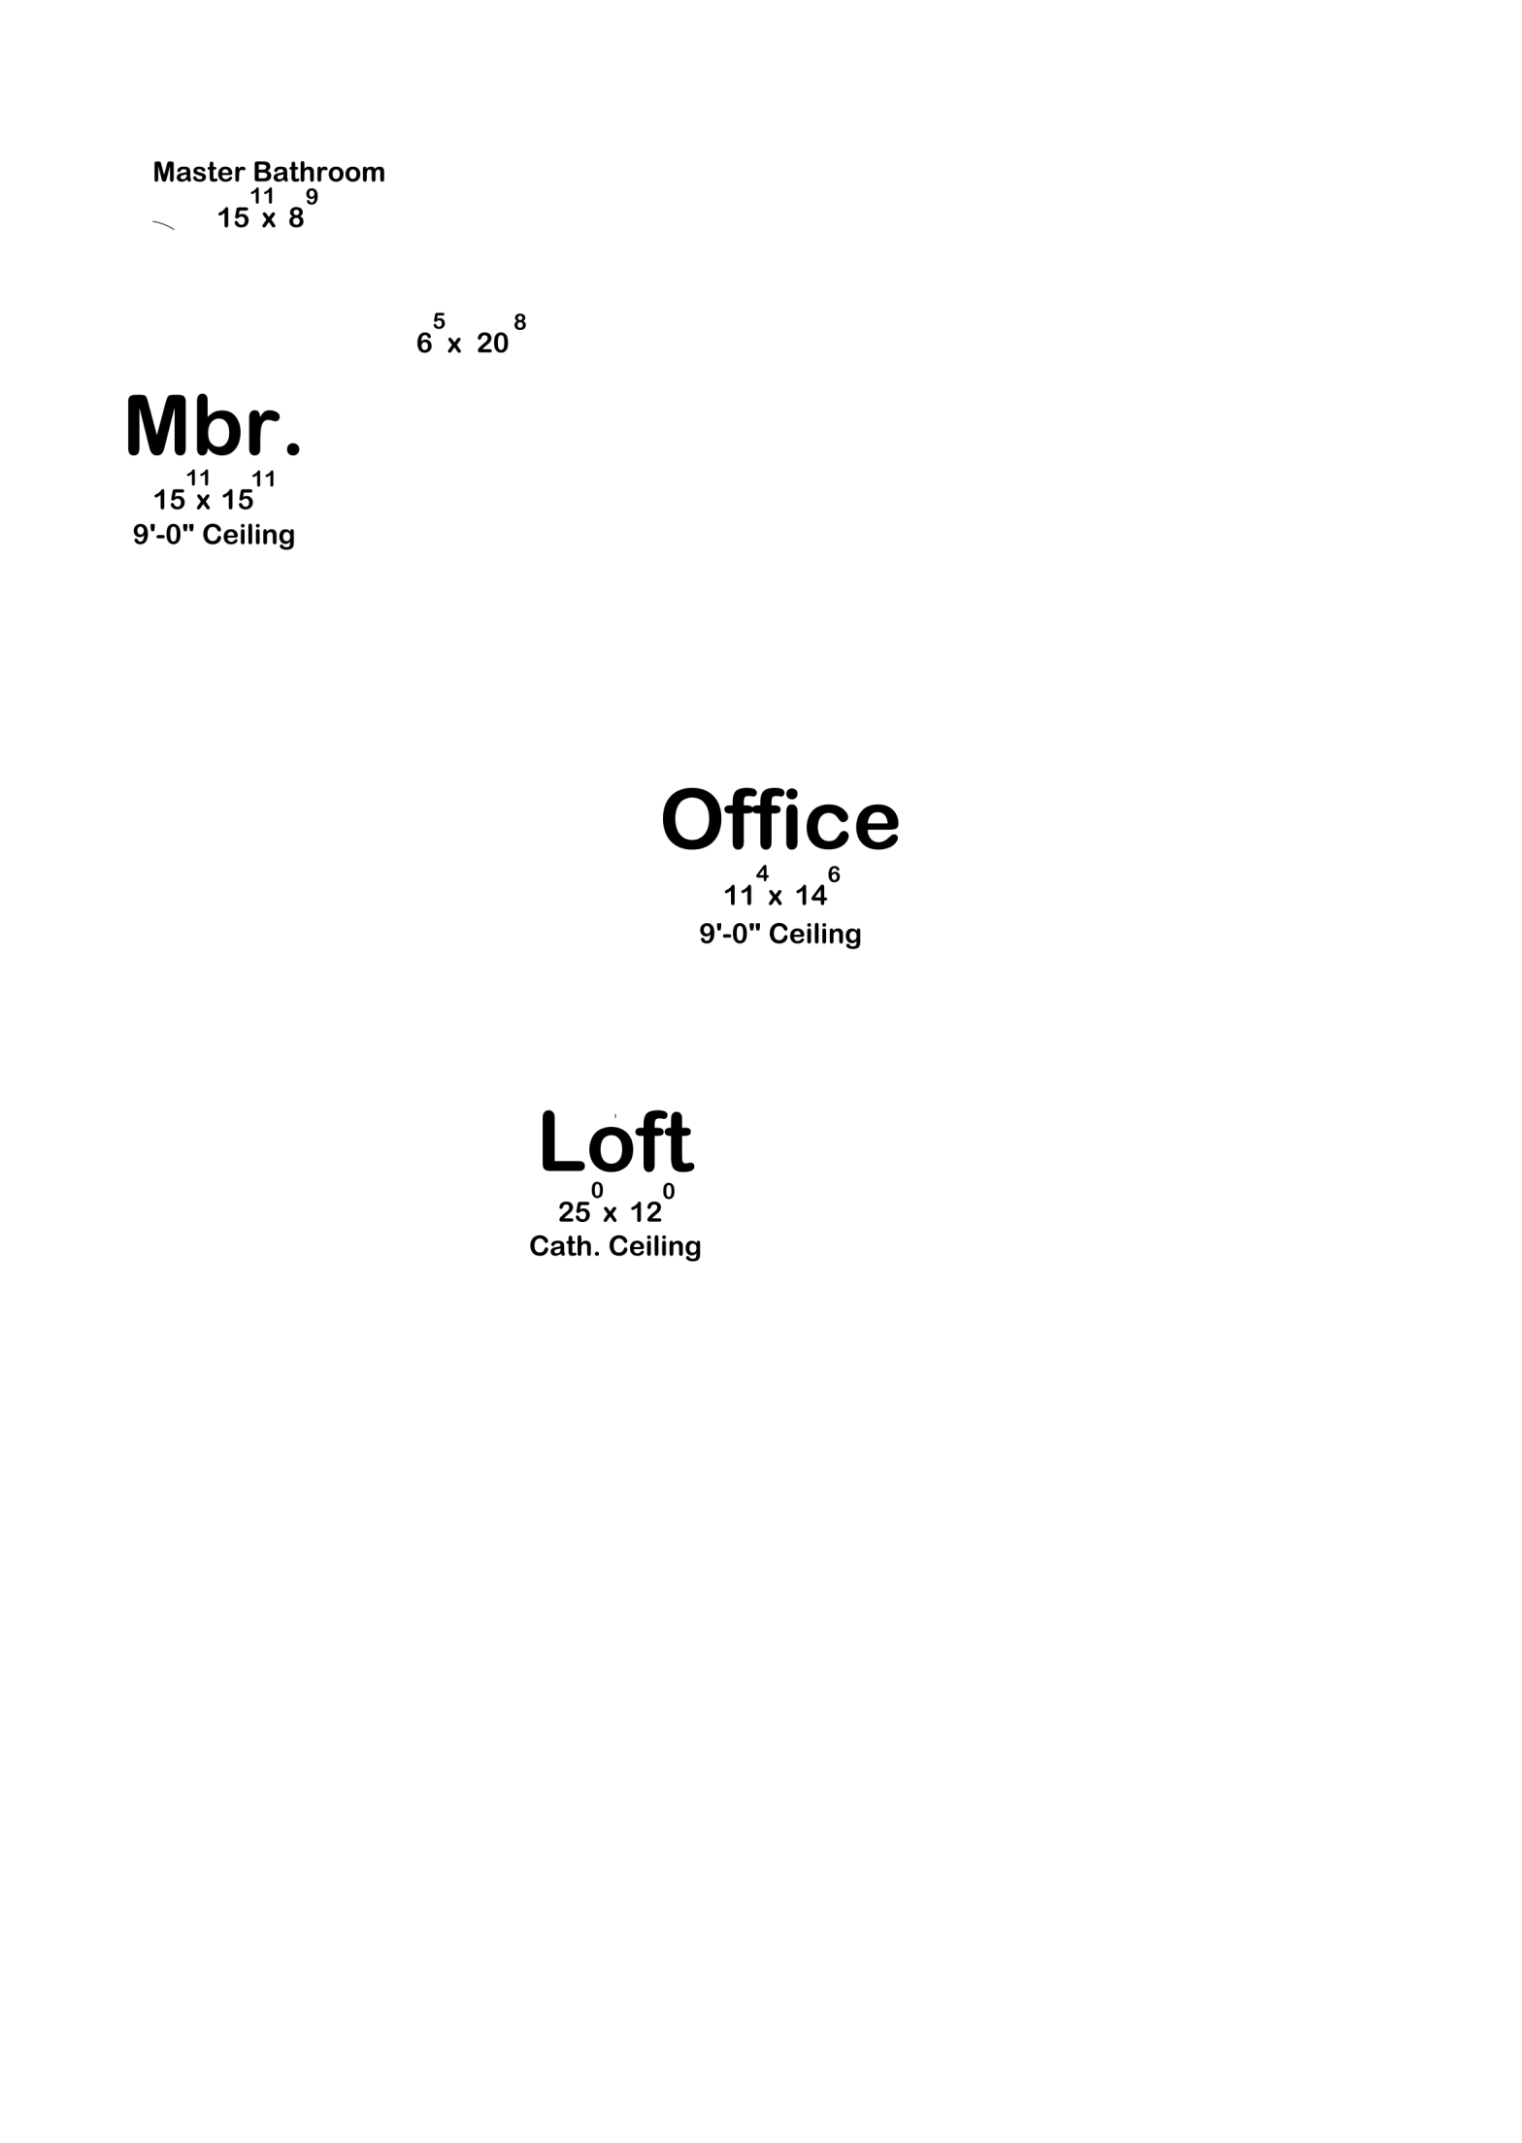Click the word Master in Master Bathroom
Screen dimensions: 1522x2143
coord(199,173)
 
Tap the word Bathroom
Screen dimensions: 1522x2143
coord(319,173)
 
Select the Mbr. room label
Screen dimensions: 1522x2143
coord(214,426)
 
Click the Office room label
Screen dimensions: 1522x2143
coord(780,819)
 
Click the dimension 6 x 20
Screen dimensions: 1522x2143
coord(471,336)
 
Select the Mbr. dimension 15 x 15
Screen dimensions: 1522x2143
coord(215,491)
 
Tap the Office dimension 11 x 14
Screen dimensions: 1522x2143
coord(782,886)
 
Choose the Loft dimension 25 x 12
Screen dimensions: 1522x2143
coord(616,1203)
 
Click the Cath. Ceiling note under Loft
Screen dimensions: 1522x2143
coord(615,1246)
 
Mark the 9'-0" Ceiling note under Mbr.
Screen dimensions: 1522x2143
coord(214,535)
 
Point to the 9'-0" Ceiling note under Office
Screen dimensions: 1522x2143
coord(780,934)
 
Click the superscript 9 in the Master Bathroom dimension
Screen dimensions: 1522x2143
coord(313,197)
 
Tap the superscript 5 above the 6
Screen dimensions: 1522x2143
coord(440,321)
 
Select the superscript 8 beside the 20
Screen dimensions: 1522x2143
coord(520,321)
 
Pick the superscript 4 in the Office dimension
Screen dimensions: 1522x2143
coord(763,874)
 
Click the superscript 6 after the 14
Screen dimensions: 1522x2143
coord(834,874)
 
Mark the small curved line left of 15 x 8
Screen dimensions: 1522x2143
coord(163,226)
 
